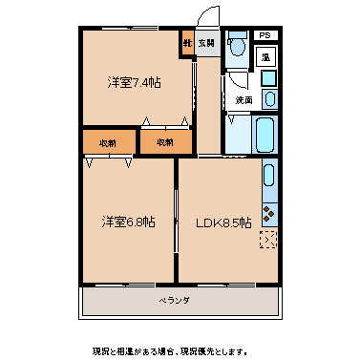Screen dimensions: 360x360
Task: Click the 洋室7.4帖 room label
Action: tap(133, 82)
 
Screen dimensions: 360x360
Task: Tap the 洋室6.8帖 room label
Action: tap(129, 222)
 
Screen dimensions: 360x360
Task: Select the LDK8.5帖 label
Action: tap(223, 222)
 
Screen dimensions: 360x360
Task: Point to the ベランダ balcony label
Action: tap(174, 301)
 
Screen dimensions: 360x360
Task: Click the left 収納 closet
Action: tap(107, 142)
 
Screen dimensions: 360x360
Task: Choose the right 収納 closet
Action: tap(164, 142)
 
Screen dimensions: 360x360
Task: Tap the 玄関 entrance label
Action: tap(206, 44)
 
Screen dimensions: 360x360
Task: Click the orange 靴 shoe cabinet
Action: tap(187, 43)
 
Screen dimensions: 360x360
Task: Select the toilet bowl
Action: tap(239, 46)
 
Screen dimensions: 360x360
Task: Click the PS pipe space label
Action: tap(265, 35)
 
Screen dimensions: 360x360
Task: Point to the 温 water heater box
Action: tap(267, 57)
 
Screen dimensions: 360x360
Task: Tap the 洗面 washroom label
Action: tap(244, 99)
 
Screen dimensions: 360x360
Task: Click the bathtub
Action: tap(265, 135)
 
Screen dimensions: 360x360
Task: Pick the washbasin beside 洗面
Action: tap(269, 98)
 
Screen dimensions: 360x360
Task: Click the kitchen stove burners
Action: tap(268, 213)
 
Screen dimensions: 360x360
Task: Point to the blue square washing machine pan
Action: tap(268, 78)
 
